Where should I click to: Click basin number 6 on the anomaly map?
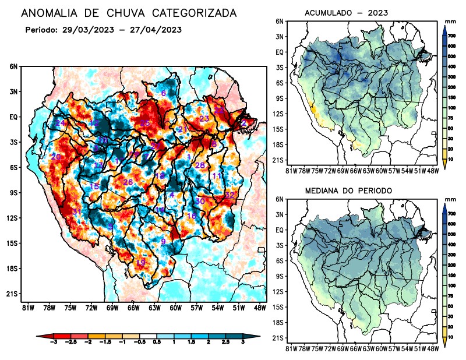(x=164, y=93)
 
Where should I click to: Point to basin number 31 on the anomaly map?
(x=76, y=211)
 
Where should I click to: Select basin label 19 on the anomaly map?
(x=140, y=263)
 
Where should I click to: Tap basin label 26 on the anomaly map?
(x=128, y=182)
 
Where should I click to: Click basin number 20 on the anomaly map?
(x=56, y=157)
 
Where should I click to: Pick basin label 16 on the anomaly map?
(x=191, y=216)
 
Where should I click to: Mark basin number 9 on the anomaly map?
(x=164, y=241)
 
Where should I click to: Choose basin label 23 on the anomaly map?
(x=204, y=119)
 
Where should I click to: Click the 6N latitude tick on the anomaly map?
(x=13, y=66)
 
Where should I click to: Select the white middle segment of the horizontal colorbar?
(x=140, y=337)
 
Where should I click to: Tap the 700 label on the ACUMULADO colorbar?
(x=453, y=36)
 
